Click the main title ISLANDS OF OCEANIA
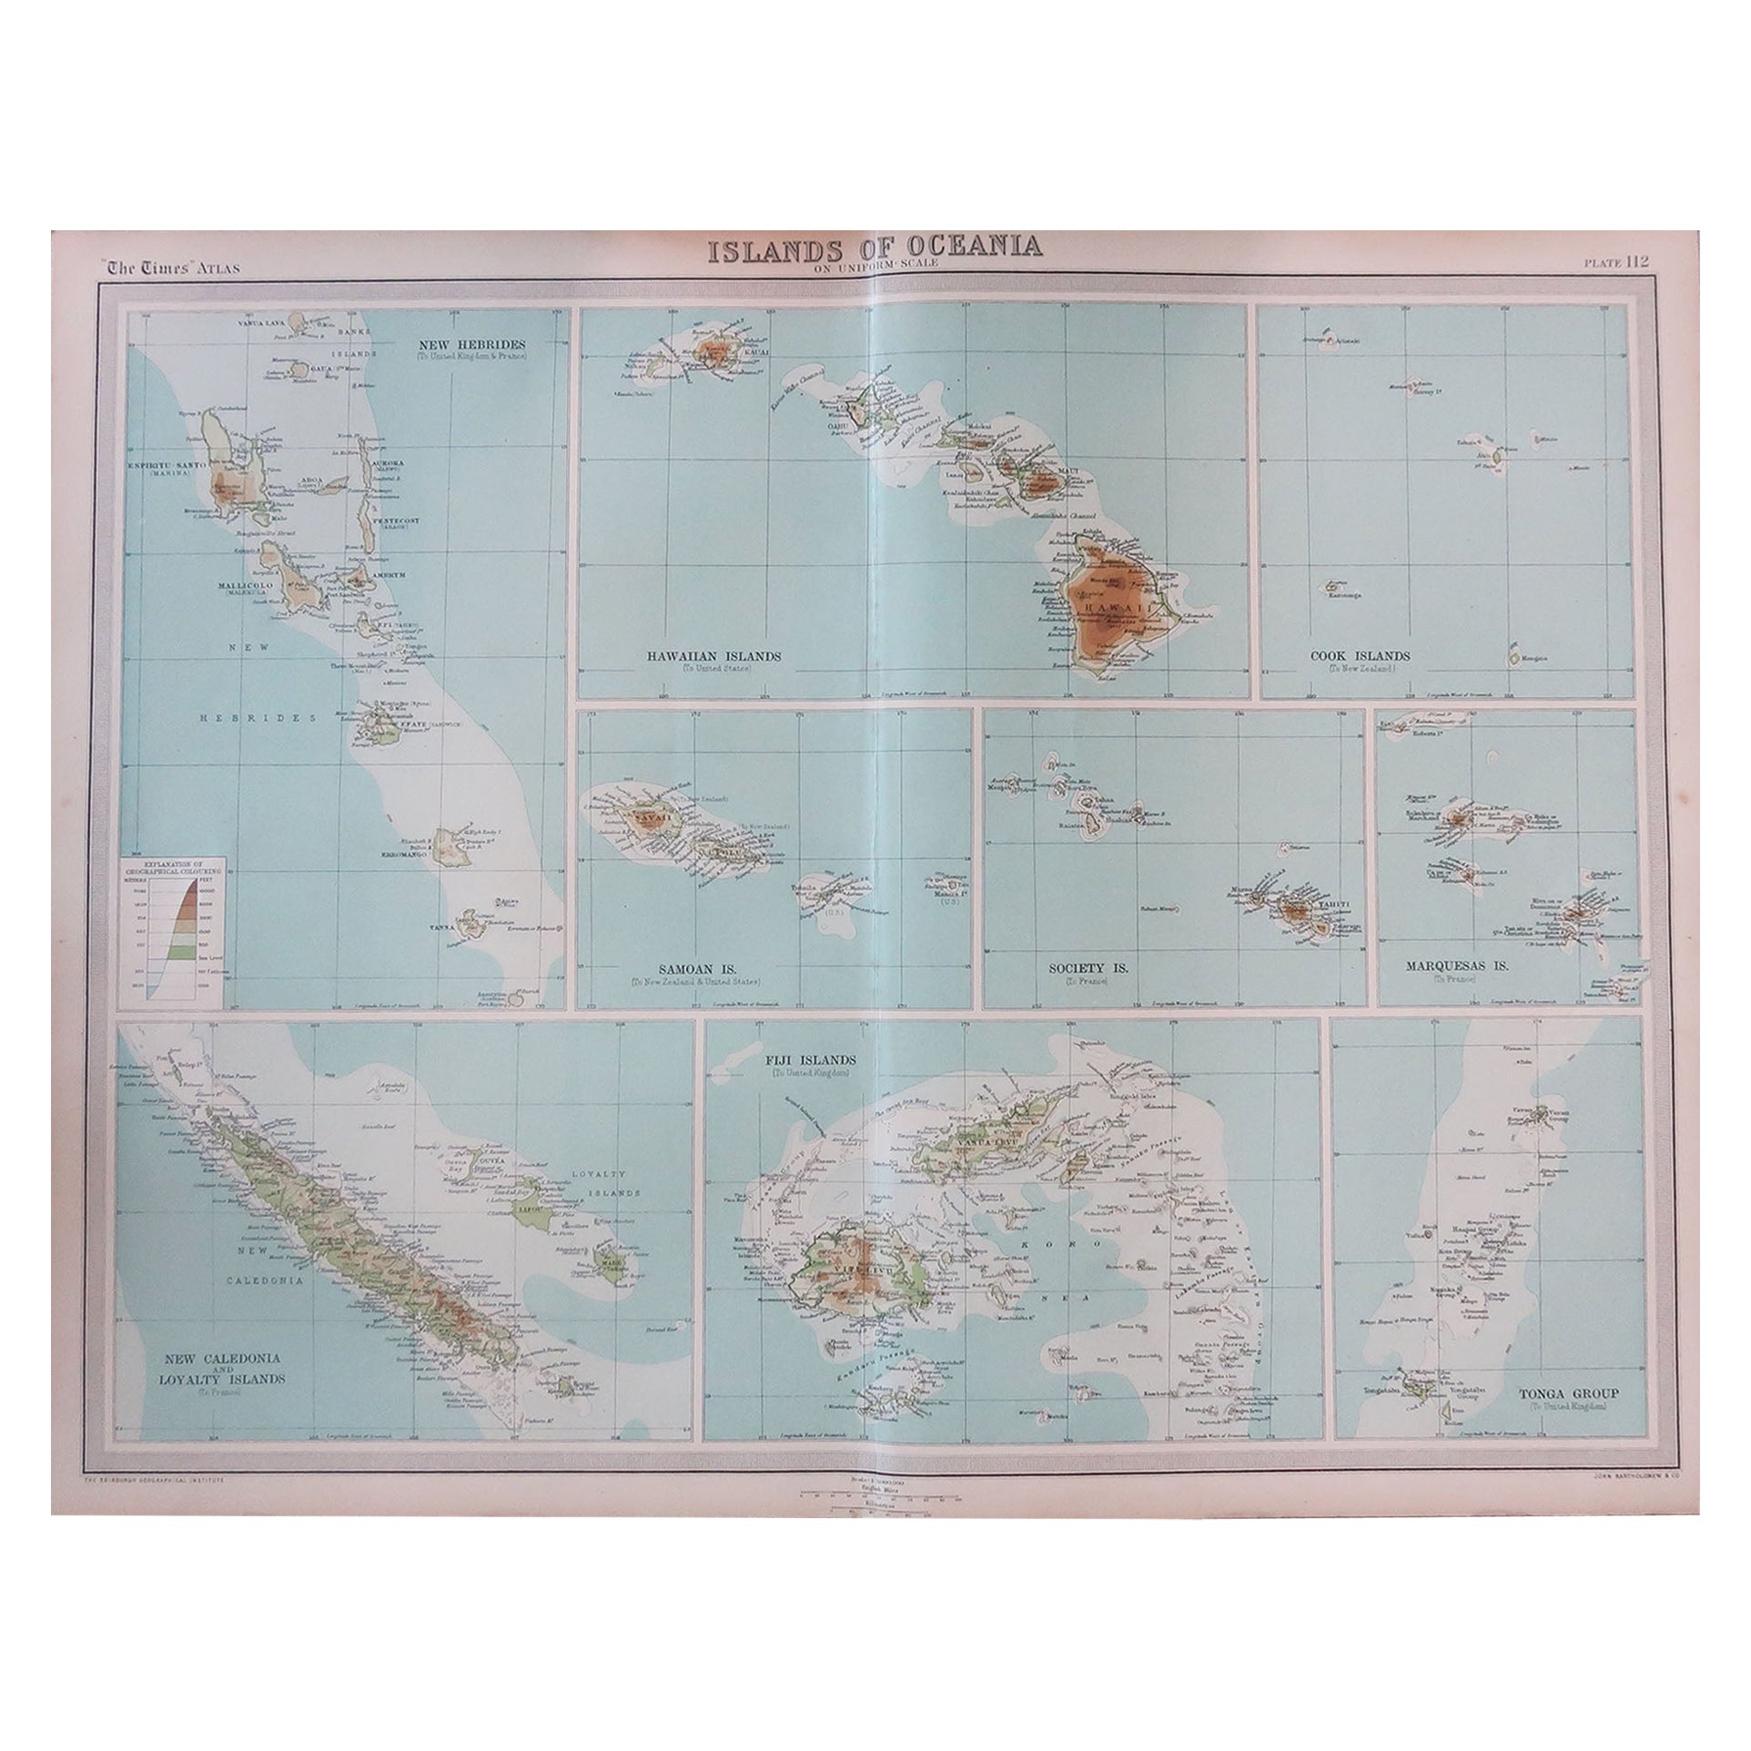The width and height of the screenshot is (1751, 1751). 875,248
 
